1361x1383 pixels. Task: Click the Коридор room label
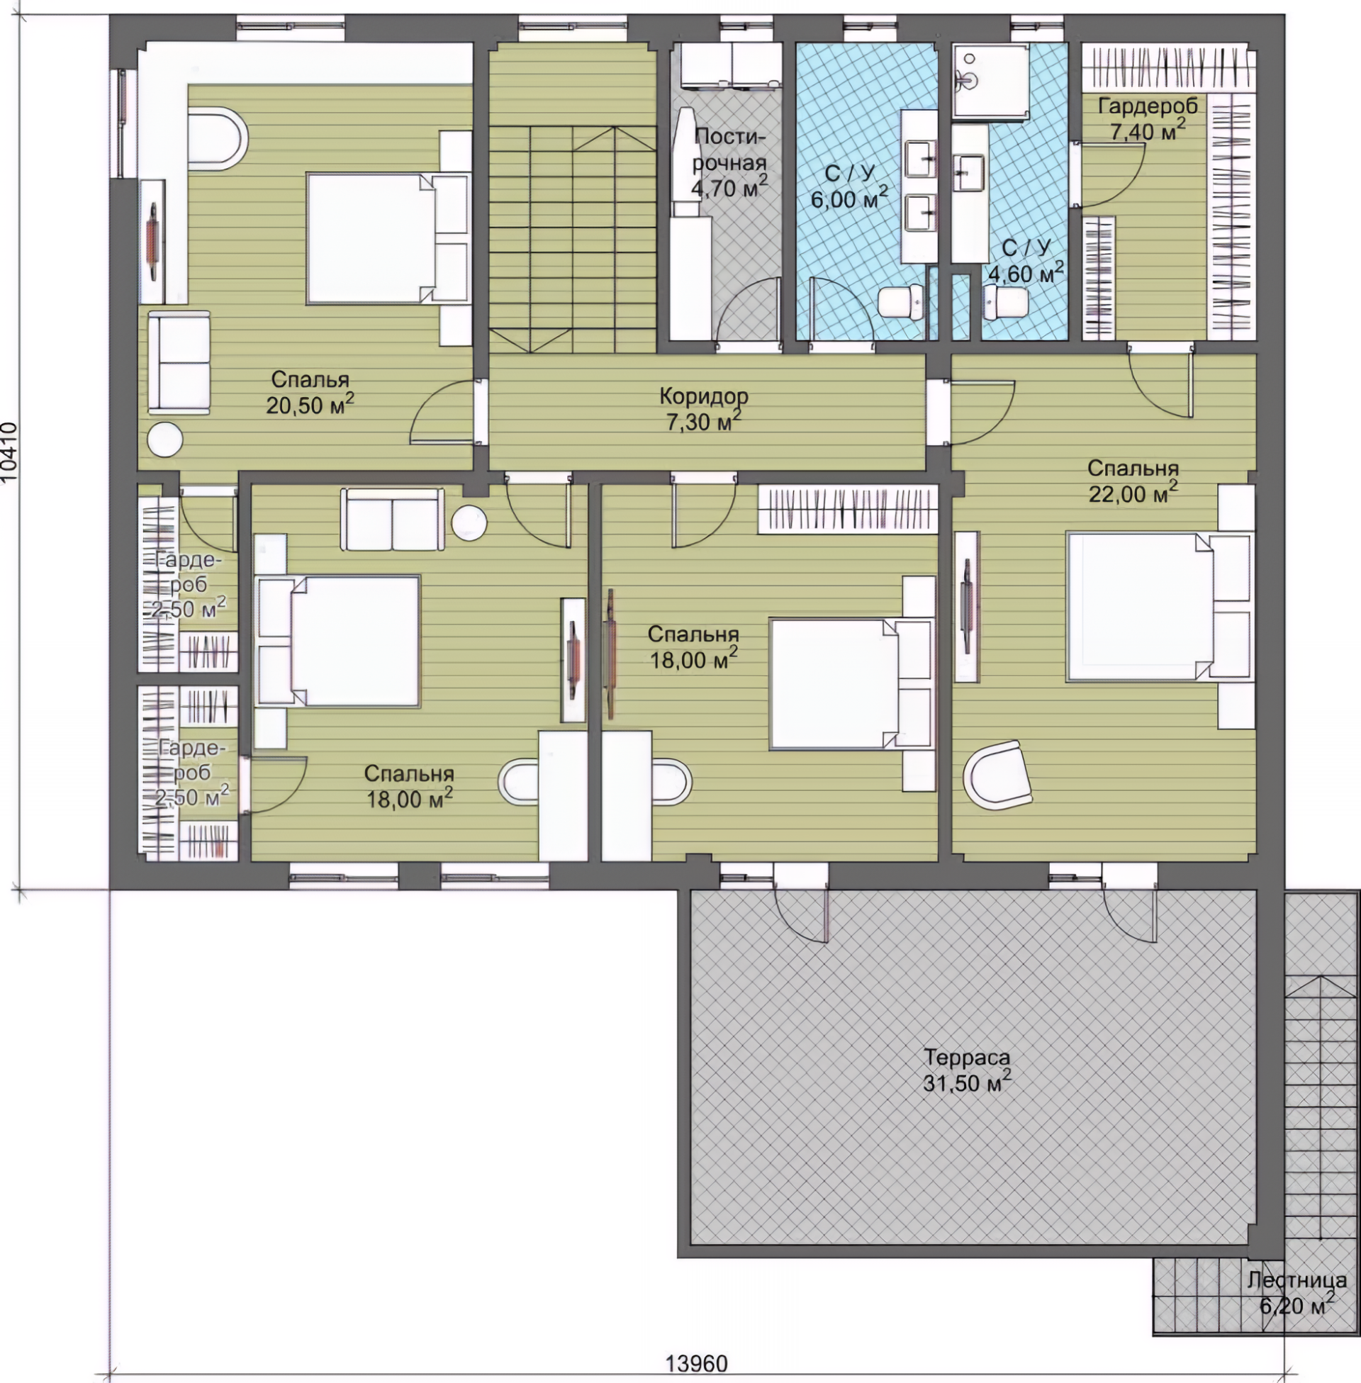click(703, 396)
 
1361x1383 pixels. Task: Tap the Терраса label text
click(966, 1056)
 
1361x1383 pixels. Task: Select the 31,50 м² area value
click(966, 1082)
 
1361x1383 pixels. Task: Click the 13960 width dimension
click(697, 1364)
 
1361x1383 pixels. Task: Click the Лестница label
click(1296, 1280)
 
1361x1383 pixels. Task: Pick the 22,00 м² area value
click(1133, 493)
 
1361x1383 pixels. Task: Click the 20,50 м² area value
click(310, 405)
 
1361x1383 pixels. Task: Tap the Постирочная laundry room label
click(729, 150)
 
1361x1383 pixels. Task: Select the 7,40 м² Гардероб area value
click(1147, 130)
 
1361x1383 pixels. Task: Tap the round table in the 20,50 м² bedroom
click(164, 439)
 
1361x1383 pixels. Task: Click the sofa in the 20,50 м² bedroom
click(179, 362)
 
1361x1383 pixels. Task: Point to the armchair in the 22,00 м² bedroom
click(997, 776)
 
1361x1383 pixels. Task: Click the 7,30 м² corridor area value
click(703, 421)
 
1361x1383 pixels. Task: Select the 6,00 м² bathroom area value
click(849, 198)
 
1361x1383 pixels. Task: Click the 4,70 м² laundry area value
click(729, 187)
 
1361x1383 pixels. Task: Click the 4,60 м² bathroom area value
click(1026, 272)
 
